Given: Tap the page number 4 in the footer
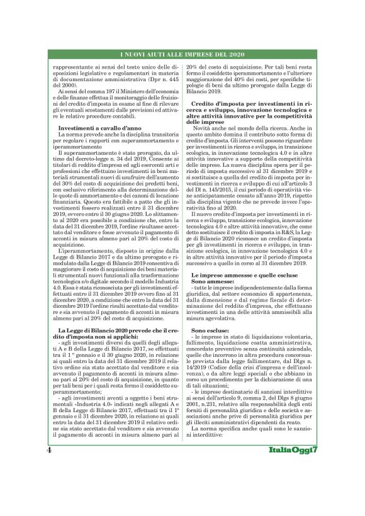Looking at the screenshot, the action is click(x=48, y=486).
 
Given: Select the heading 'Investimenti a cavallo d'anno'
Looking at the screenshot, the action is click(x=92, y=128).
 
